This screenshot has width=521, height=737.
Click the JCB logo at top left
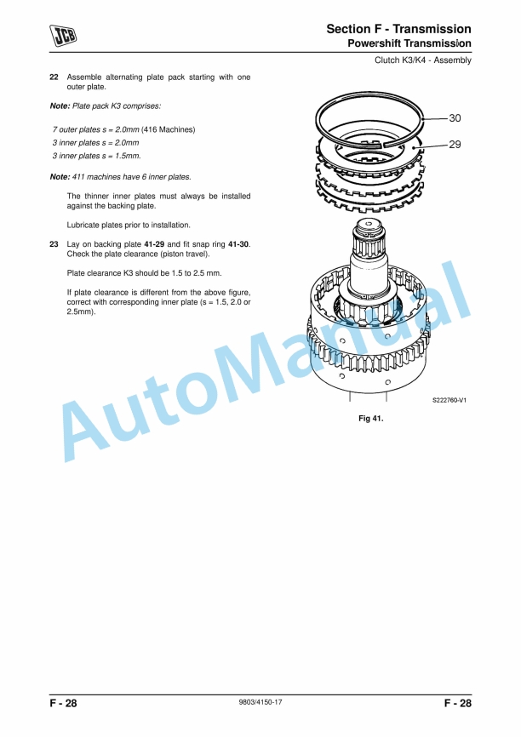point(62,34)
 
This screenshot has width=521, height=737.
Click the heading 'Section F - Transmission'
point(398,30)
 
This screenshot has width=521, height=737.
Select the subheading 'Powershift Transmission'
point(409,43)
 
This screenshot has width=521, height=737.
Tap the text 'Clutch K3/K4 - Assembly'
point(423,60)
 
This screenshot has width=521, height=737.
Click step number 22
point(54,77)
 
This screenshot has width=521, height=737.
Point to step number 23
point(54,243)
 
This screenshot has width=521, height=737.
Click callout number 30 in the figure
point(455,117)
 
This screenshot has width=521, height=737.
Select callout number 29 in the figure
point(455,145)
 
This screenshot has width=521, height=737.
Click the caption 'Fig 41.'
point(372,419)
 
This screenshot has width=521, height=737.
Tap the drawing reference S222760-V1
point(449,400)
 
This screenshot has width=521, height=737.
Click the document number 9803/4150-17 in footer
point(260,703)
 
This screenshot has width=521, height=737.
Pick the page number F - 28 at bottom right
point(457,704)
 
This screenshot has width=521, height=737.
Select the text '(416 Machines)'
point(169,129)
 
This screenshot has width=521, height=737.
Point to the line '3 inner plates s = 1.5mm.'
point(97,157)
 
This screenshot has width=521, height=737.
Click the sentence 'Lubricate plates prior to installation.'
point(129,226)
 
